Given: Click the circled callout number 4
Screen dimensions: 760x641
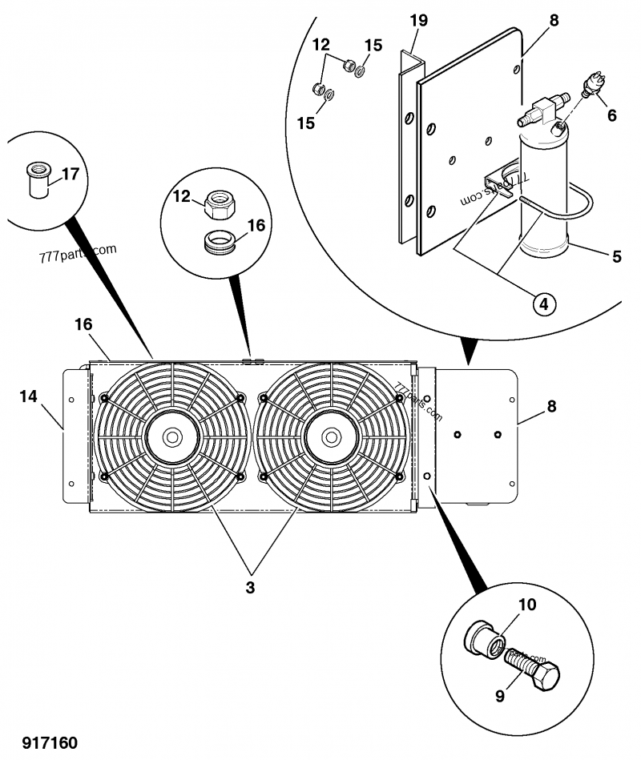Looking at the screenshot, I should (543, 304).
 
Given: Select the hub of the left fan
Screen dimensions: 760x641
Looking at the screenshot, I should (172, 437).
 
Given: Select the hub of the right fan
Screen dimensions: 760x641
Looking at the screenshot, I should (329, 437).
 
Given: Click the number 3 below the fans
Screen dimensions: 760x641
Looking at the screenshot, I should (250, 588).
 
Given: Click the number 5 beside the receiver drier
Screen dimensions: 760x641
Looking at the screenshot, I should (616, 257).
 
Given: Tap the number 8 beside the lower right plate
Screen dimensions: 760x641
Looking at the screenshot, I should (550, 406).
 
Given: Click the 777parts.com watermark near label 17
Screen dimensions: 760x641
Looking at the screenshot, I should (77, 254).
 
